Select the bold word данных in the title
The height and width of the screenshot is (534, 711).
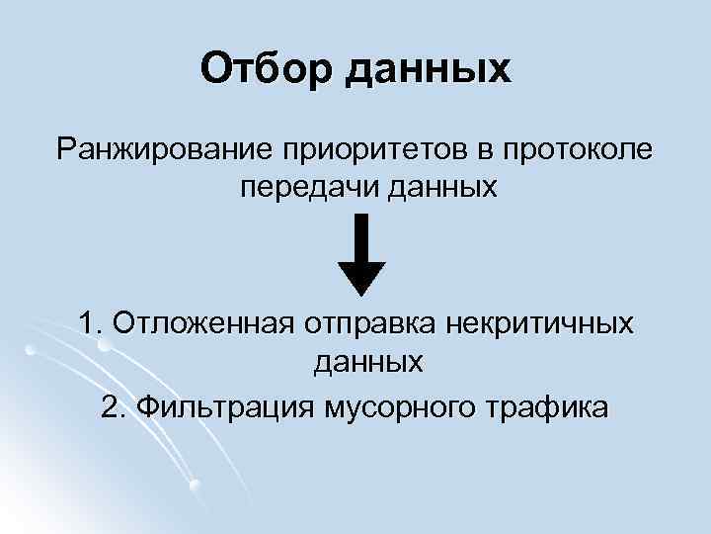pos(429,69)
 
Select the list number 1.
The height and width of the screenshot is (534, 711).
pos(90,323)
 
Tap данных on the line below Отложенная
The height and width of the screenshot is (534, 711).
pos(368,362)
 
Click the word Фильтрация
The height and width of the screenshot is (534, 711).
pos(221,406)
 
